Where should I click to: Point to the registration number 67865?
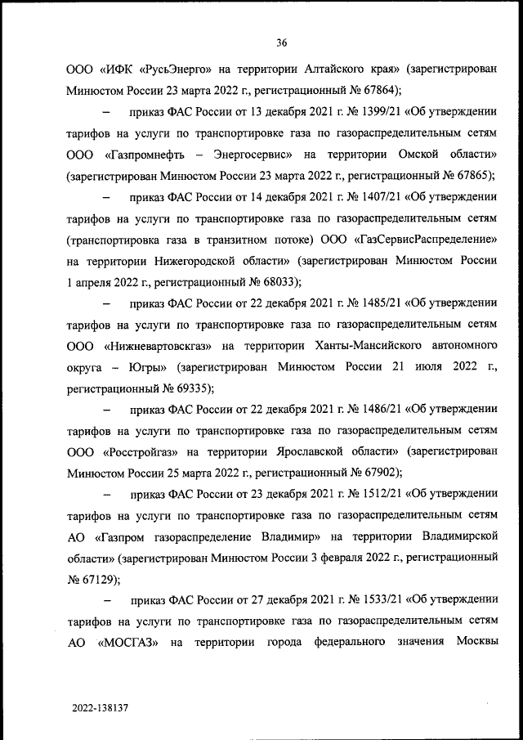click(x=473, y=175)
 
